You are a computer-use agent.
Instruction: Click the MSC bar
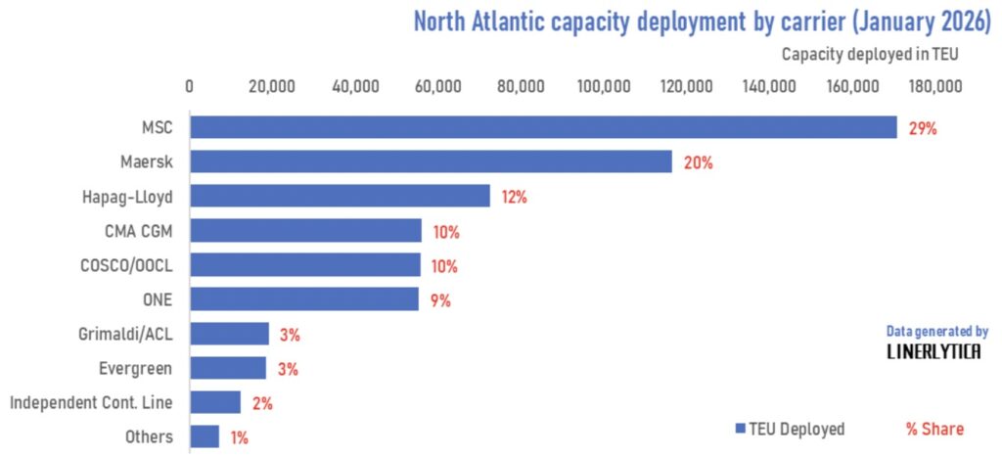pyautogui.click(x=543, y=127)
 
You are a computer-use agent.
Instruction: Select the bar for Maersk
pyautogui.click(x=431, y=161)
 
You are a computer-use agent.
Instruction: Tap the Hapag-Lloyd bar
pyautogui.click(x=340, y=196)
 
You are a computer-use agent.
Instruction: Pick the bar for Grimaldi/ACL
pyautogui.click(x=229, y=334)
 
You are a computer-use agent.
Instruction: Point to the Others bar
pyautogui.click(x=205, y=436)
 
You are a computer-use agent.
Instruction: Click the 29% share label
pyautogui.click(x=923, y=128)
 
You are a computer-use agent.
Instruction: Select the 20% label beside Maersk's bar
pyautogui.click(x=698, y=162)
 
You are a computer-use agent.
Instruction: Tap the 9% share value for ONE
pyautogui.click(x=440, y=300)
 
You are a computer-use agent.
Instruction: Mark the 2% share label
pyautogui.click(x=261, y=403)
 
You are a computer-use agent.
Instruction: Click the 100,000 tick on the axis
pyautogui.click(x=604, y=87)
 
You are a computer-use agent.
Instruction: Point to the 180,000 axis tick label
pyautogui.click(x=935, y=87)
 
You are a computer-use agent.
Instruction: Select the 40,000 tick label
pyautogui.click(x=355, y=87)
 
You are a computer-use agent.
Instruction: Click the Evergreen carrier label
pyautogui.click(x=136, y=368)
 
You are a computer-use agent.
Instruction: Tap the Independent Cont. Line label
pyautogui.click(x=91, y=402)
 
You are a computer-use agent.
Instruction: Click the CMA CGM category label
pyautogui.click(x=138, y=231)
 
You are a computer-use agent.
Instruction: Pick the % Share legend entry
pyautogui.click(x=934, y=429)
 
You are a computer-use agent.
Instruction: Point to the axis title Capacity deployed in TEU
pyautogui.click(x=869, y=54)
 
